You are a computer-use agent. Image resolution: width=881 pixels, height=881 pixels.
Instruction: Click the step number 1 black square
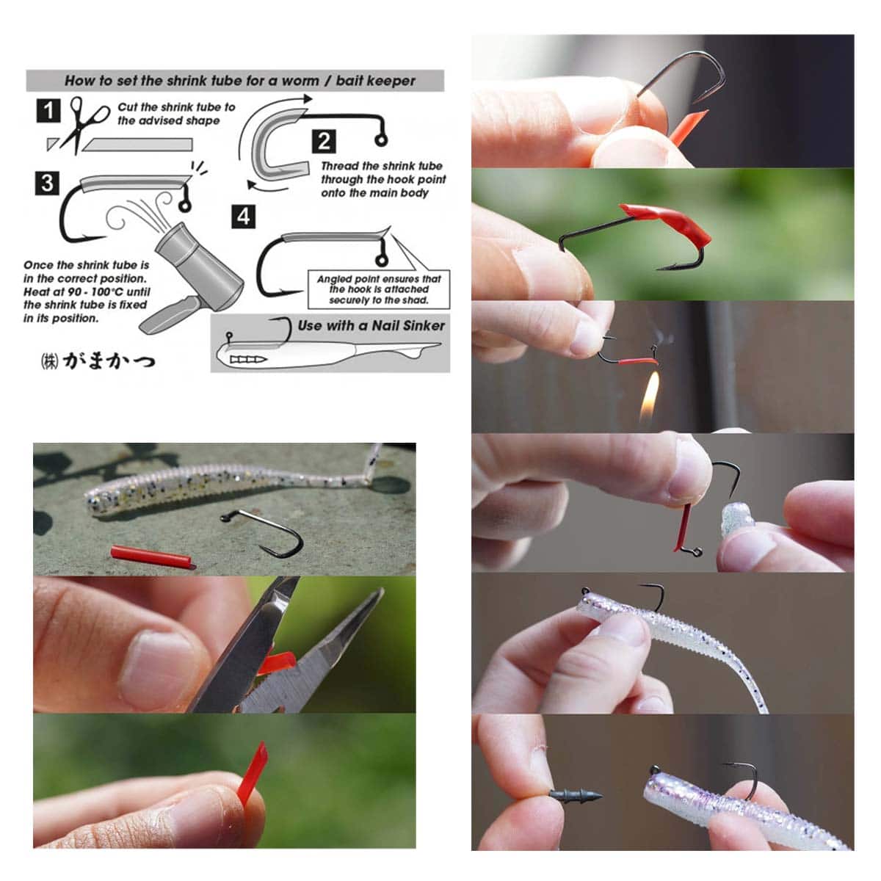[x=48, y=111]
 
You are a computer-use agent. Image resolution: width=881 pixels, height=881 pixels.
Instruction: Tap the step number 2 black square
[x=324, y=141]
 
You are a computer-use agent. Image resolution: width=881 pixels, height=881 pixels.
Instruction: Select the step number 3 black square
[x=47, y=184]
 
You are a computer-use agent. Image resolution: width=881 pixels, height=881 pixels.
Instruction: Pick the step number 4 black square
[x=243, y=217]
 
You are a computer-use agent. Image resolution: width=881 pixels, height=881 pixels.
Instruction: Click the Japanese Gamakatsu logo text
[x=98, y=361]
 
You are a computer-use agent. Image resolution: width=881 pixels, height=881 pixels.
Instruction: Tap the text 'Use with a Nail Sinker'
[x=371, y=325]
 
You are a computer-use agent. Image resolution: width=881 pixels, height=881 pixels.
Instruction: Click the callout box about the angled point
[x=379, y=289]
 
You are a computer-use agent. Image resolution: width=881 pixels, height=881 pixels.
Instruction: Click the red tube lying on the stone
[x=153, y=557]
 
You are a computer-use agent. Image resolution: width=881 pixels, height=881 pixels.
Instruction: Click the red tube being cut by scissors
[x=277, y=664]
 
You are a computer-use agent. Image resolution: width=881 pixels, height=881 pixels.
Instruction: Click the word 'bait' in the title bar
[x=349, y=81]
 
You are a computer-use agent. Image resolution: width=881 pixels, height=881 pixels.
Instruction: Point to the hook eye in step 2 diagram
[x=381, y=140]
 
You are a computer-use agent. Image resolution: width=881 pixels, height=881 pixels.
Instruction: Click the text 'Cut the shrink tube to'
[x=176, y=107]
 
